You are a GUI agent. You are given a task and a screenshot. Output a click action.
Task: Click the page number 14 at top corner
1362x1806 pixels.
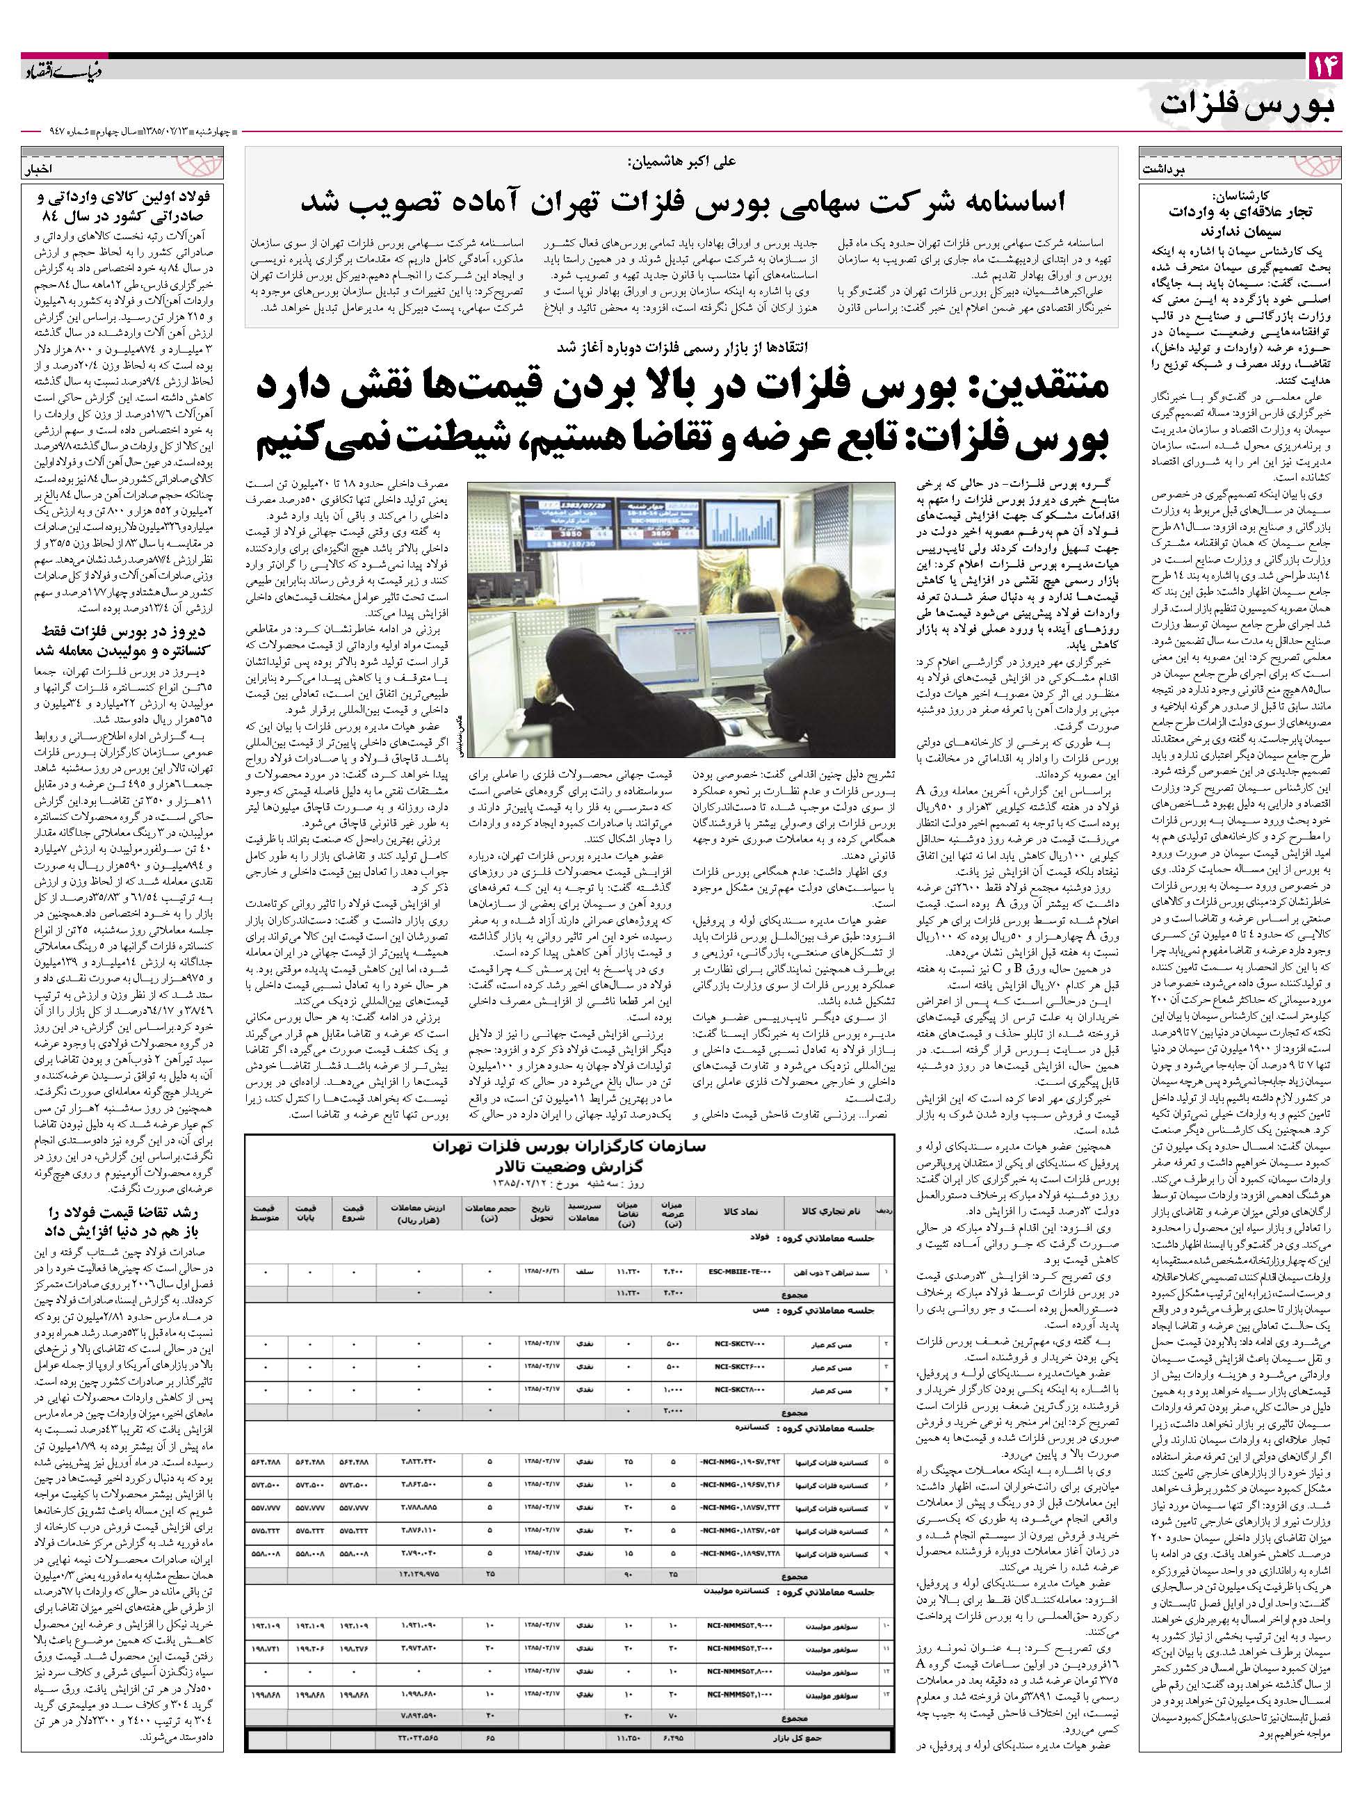pos(1323,67)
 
